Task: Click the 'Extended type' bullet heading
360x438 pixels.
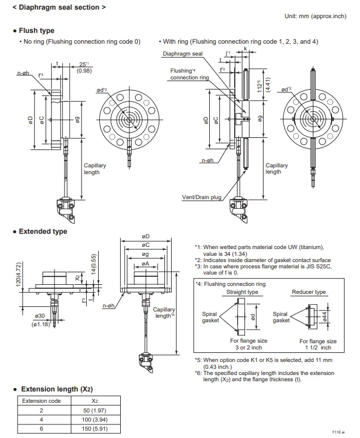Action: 43,231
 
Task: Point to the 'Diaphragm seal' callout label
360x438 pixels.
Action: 183,54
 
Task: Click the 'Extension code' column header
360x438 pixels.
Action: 40,400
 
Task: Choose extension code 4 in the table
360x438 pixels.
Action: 40,419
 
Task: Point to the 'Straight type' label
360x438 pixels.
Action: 242,292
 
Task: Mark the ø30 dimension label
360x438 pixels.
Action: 40,315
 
